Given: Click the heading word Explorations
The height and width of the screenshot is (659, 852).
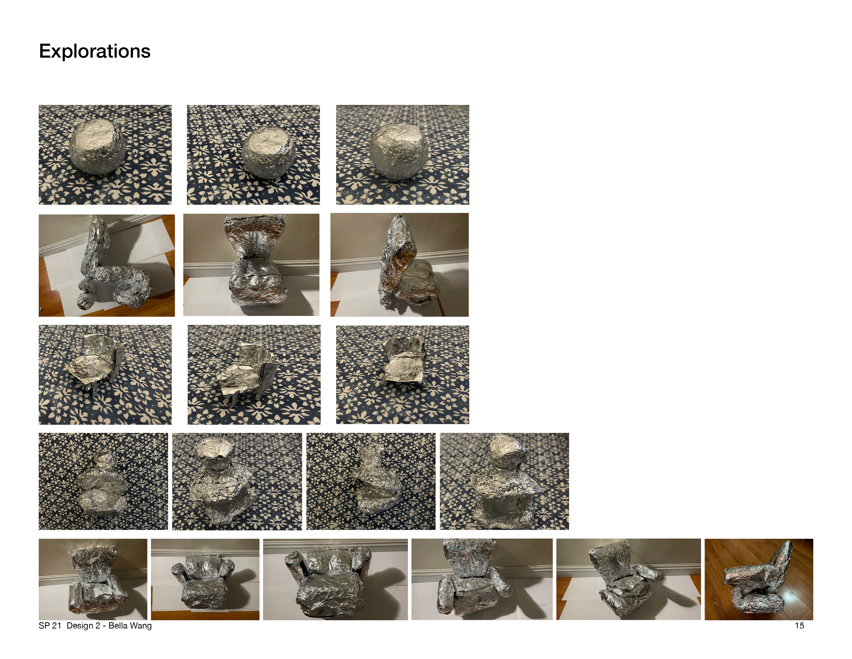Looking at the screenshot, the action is [x=95, y=51].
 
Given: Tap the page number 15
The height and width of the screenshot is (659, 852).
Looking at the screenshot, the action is [x=799, y=625].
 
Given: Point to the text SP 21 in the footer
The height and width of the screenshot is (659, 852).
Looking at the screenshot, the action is [x=50, y=625].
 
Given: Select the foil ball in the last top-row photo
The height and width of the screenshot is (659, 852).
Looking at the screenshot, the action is [x=398, y=151].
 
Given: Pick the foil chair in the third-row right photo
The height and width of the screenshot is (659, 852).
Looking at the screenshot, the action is [x=403, y=361].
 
